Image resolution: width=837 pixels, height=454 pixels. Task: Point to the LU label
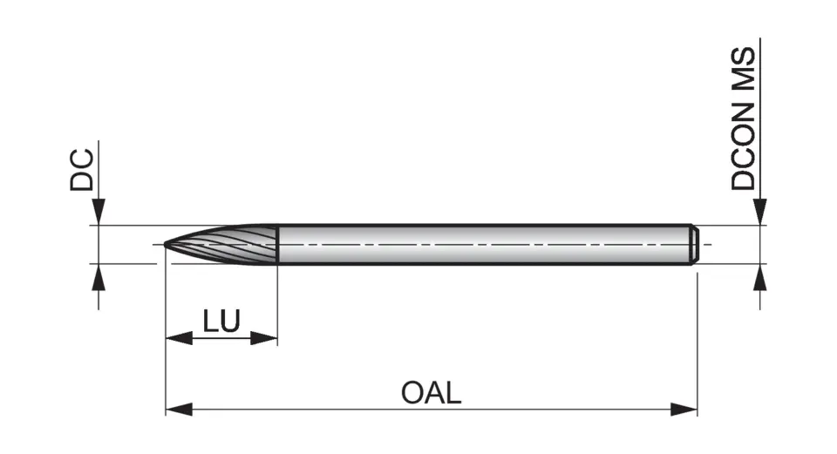pyautogui.click(x=221, y=321)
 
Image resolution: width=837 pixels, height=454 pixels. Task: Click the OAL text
pyautogui.click(x=431, y=393)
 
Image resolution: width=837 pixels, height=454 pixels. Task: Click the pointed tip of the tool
pyautogui.click(x=167, y=244)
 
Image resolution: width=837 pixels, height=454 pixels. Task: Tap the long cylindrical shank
pyautogui.click(x=480, y=244)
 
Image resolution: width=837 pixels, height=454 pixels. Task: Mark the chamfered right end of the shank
pyautogui.click(x=694, y=244)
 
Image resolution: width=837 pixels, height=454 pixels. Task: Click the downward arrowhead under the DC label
pyautogui.click(x=99, y=213)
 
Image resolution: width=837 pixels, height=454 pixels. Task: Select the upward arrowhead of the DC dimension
pyautogui.click(x=99, y=276)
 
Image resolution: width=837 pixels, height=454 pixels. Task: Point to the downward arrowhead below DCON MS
pyautogui.click(x=761, y=213)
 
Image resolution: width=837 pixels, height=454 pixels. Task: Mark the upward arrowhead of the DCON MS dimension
pyautogui.click(x=761, y=278)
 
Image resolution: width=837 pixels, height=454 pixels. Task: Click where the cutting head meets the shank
pyautogui.click(x=277, y=244)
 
